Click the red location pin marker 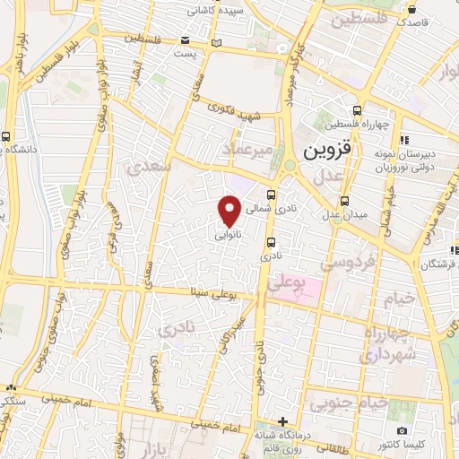pyautogui.click(x=229, y=212)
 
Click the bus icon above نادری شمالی pyautogui.click(x=273, y=191)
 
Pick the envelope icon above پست pyautogui.click(x=186, y=40)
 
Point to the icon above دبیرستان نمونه pyautogui.click(x=404, y=139)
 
